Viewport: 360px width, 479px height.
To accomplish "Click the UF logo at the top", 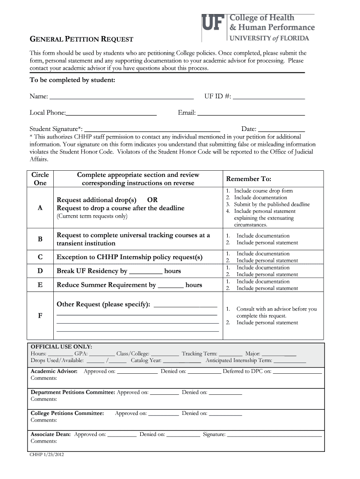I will pos(213,22).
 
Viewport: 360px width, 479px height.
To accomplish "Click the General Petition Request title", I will pos(82,40).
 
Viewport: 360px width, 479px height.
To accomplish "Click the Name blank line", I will pos(121,97).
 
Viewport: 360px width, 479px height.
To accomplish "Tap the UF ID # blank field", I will pos(268,97).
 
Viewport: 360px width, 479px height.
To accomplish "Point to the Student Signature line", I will pos(152,130).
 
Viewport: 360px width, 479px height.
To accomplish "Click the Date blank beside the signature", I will pos(281,130).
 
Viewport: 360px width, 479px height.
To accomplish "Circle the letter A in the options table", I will pos(40,209).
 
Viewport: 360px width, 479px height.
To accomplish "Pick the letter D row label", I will pos(40,271).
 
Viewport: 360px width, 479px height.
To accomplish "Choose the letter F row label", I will pos(40,316).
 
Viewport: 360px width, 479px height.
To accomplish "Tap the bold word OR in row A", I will pos(152,200).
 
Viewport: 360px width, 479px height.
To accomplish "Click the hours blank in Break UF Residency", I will pos(145,272).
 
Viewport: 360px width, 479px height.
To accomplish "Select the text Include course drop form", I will pos(263,191).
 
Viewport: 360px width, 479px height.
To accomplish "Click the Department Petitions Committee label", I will pos(72,392).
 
